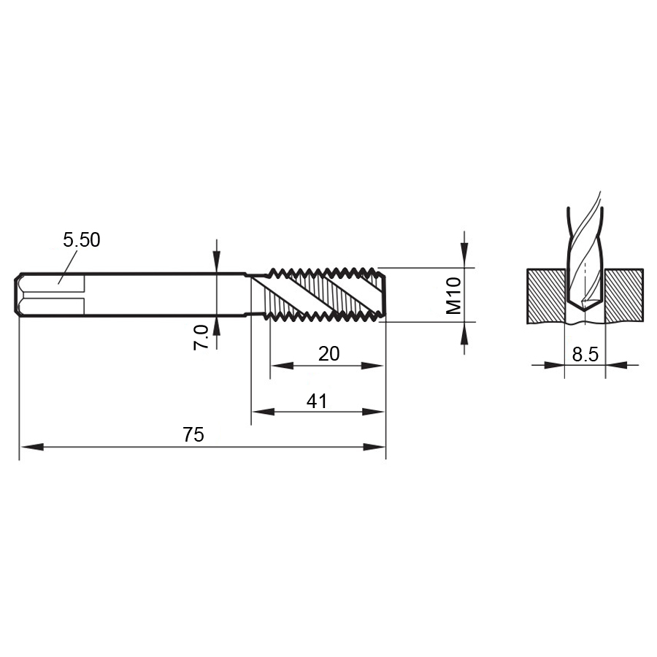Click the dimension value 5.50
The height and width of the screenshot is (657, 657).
(82, 240)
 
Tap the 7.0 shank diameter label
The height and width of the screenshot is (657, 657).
(201, 337)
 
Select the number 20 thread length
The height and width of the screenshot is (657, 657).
(329, 354)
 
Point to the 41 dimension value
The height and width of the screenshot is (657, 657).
(317, 401)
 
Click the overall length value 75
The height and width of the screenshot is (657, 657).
(193, 434)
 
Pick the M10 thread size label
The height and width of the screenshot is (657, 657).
(453, 296)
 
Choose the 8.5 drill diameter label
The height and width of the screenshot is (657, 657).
(585, 355)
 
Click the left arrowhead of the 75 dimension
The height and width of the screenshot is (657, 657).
(32, 447)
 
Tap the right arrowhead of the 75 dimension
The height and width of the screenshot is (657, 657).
(374, 447)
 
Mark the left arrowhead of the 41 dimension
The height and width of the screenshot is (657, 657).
(263, 412)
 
